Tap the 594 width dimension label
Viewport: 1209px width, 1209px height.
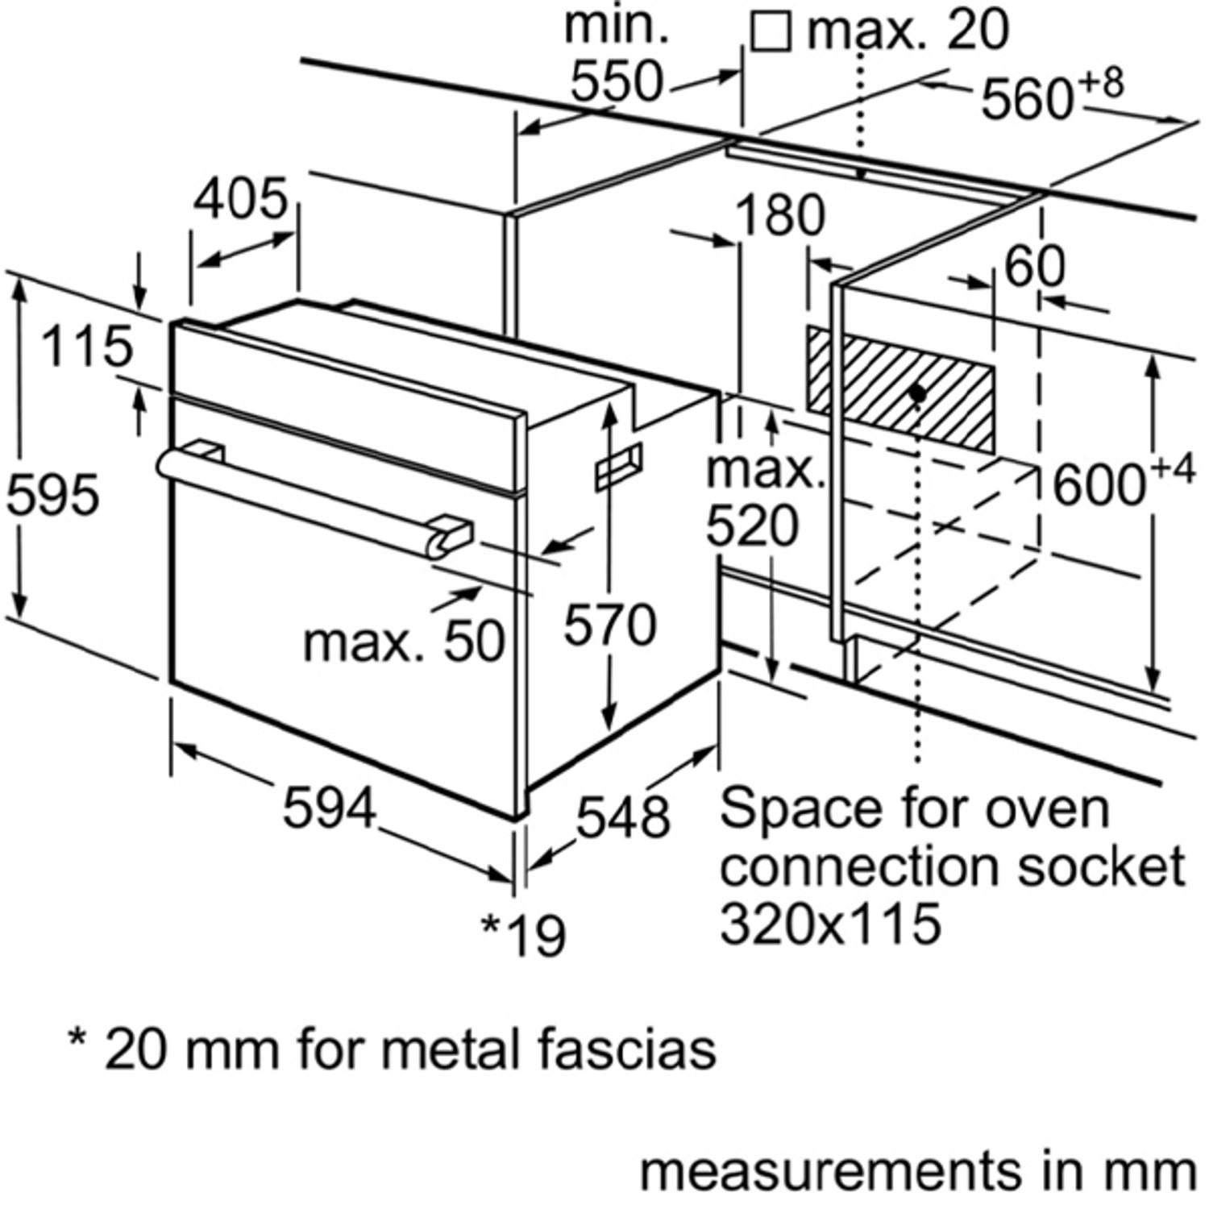pyautogui.click(x=329, y=807)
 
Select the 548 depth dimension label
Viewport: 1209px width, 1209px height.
pyautogui.click(x=622, y=816)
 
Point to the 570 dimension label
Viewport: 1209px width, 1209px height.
pyautogui.click(x=609, y=625)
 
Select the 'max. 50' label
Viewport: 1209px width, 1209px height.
pyautogui.click(x=404, y=642)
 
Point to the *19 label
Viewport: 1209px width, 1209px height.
pyautogui.click(x=524, y=935)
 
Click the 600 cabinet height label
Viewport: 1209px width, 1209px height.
pyautogui.click(x=1099, y=486)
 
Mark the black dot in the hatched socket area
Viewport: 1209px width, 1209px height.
pyautogui.click(x=916, y=393)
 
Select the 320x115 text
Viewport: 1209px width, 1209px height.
pyautogui.click(x=830, y=923)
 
